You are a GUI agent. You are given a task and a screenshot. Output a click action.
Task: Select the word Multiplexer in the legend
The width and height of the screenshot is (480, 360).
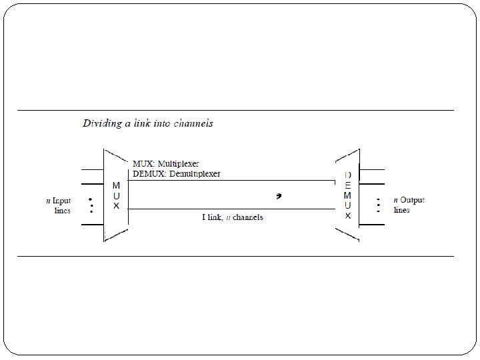click(x=180, y=163)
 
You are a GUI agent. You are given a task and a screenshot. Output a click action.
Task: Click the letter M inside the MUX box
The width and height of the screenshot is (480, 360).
click(x=116, y=185)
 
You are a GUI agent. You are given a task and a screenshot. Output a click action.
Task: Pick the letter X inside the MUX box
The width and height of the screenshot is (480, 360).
click(x=116, y=206)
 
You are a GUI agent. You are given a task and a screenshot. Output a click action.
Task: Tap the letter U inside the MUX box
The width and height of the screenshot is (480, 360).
click(x=116, y=195)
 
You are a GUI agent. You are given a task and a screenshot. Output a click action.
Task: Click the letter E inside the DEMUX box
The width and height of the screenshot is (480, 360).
click(x=347, y=185)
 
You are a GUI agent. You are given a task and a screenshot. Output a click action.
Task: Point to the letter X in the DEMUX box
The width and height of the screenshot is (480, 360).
click(x=347, y=216)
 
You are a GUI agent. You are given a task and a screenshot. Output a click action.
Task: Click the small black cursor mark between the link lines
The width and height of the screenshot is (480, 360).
click(x=280, y=196)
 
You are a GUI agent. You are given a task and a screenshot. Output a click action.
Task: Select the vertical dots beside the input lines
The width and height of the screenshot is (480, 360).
click(x=91, y=203)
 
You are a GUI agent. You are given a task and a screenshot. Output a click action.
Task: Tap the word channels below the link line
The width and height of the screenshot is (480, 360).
click(x=248, y=217)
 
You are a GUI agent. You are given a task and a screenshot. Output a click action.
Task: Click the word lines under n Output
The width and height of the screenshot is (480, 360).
click(x=402, y=209)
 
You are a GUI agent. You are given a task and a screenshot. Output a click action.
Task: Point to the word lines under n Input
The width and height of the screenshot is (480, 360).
click(x=61, y=210)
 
